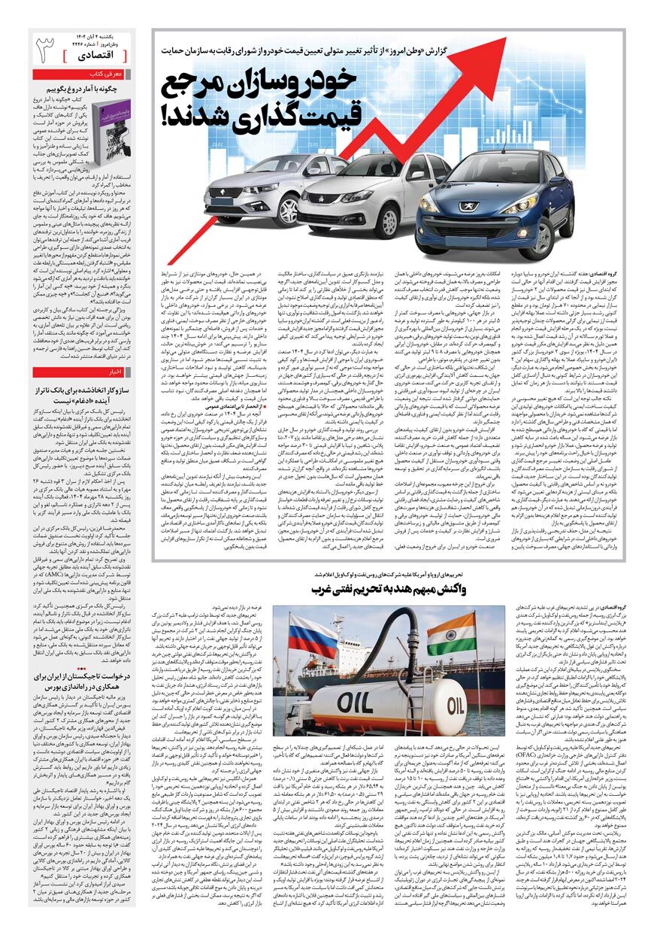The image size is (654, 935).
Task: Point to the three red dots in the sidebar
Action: click(x=82, y=666)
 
